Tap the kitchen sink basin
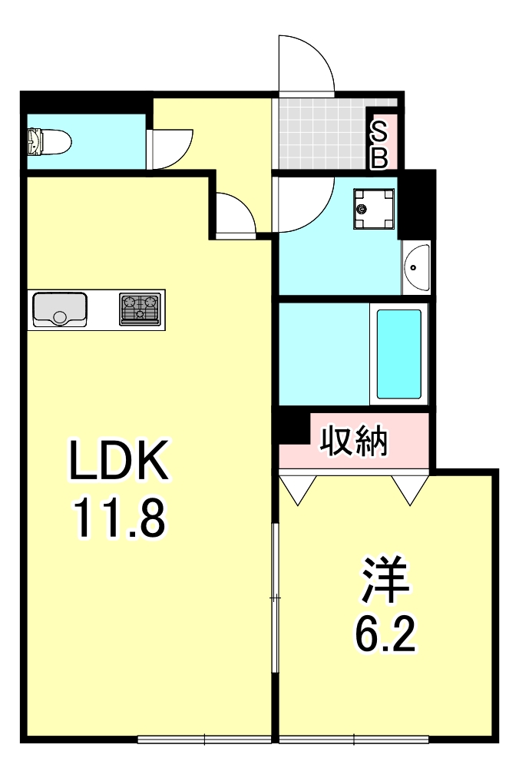coord(60,309)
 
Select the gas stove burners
coord(141,309)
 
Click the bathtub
coord(398,353)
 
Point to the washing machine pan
coord(375,210)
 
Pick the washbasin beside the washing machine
coord(415,268)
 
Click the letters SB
coord(380,145)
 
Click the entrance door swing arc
coord(307,65)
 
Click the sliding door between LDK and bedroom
coord(276,597)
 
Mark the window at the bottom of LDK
coord(204,740)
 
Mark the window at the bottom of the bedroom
coord(353,740)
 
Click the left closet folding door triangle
coord(298,488)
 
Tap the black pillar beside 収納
coord(293,427)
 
